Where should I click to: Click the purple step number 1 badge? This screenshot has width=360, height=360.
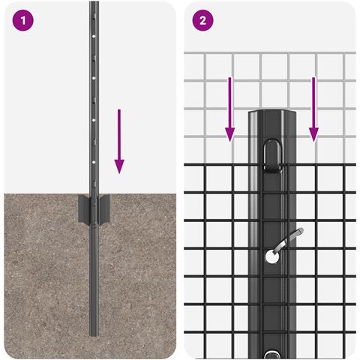tap(22, 20)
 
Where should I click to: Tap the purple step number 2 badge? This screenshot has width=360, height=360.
tap(202, 20)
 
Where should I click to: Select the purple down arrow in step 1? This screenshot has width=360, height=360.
tap(119, 141)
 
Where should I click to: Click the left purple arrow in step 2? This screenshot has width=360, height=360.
tap(229, 109)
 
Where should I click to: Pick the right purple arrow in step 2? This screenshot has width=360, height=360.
tap(313, 109)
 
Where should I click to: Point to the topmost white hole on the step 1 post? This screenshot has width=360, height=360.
tap(94, 36)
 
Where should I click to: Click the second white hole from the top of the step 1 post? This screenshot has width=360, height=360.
tap(94, 78)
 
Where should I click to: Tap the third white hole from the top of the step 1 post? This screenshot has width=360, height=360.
tap(94, 120)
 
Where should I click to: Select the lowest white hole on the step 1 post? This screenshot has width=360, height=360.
tap(94, 162)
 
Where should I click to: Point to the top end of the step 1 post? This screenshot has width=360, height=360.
tap(94, 2)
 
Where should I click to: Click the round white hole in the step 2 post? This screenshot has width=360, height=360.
tap(271, 257)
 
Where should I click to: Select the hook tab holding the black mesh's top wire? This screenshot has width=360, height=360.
tap(273, 156)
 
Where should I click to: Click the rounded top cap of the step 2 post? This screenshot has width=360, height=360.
tap(272, 113)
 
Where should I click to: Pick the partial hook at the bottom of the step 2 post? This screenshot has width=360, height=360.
tap(273, 355)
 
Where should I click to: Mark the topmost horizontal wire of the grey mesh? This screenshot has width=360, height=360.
tap(270, 53)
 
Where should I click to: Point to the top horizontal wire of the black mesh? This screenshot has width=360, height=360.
tap(270, 165)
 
